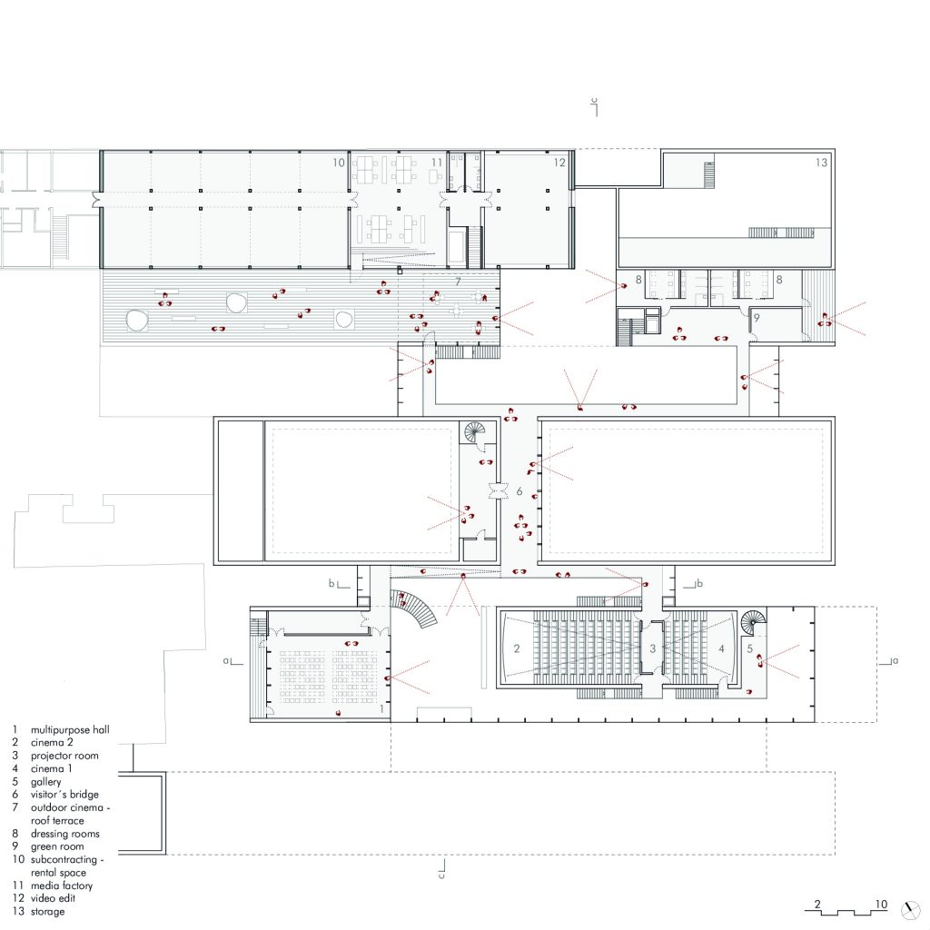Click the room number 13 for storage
[821, 163]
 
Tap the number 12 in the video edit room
[559, 163]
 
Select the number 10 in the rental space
[338, 163]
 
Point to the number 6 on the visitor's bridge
[519, 491]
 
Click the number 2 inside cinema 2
[517, 648]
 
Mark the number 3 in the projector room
[652, 648]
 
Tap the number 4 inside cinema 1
[721, 648]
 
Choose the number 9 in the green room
[757, 318]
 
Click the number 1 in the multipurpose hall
[382, 708]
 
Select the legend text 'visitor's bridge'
[64, 795]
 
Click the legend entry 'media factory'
[62, 886]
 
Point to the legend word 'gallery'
[45, 782]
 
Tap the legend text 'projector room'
[64, 757]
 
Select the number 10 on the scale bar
[881, 905]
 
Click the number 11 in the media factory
[437, 163]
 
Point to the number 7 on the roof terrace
[458, 282]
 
